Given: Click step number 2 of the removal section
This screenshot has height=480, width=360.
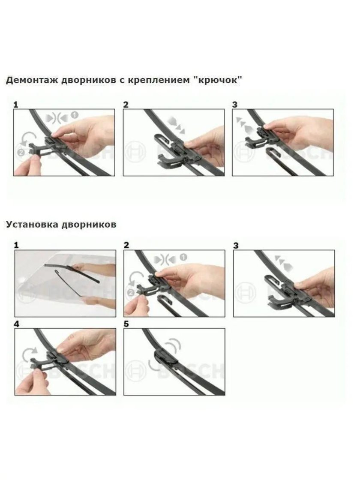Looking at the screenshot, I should [126, 105].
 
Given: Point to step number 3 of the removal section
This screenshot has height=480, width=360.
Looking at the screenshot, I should [235, 105].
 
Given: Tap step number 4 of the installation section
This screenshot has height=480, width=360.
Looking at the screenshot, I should [16, 324].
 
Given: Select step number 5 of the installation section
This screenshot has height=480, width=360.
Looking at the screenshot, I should [126, 324].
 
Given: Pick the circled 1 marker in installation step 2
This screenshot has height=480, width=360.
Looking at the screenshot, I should [183, 257].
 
